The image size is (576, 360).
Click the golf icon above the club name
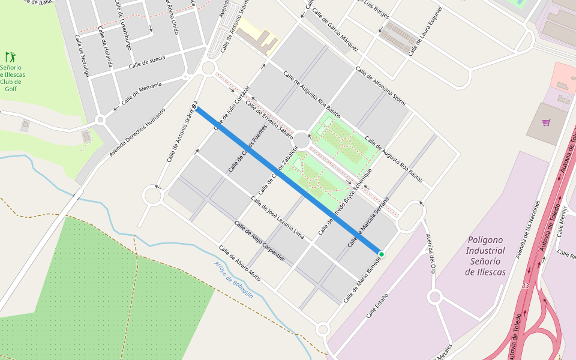[10, 57]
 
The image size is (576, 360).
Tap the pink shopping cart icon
[546, 123]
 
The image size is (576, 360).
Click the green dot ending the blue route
[381, 254]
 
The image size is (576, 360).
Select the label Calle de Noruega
[82, 55]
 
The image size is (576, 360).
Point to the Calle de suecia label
[147, 62]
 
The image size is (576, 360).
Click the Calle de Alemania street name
[142, 93]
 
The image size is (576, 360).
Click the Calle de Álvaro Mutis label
[239, 263]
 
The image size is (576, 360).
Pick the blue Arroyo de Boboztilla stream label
[233, 280]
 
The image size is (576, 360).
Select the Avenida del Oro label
[430, 253]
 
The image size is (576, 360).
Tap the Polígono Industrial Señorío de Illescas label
[485, 256]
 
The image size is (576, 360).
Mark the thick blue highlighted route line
[288, 180]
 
